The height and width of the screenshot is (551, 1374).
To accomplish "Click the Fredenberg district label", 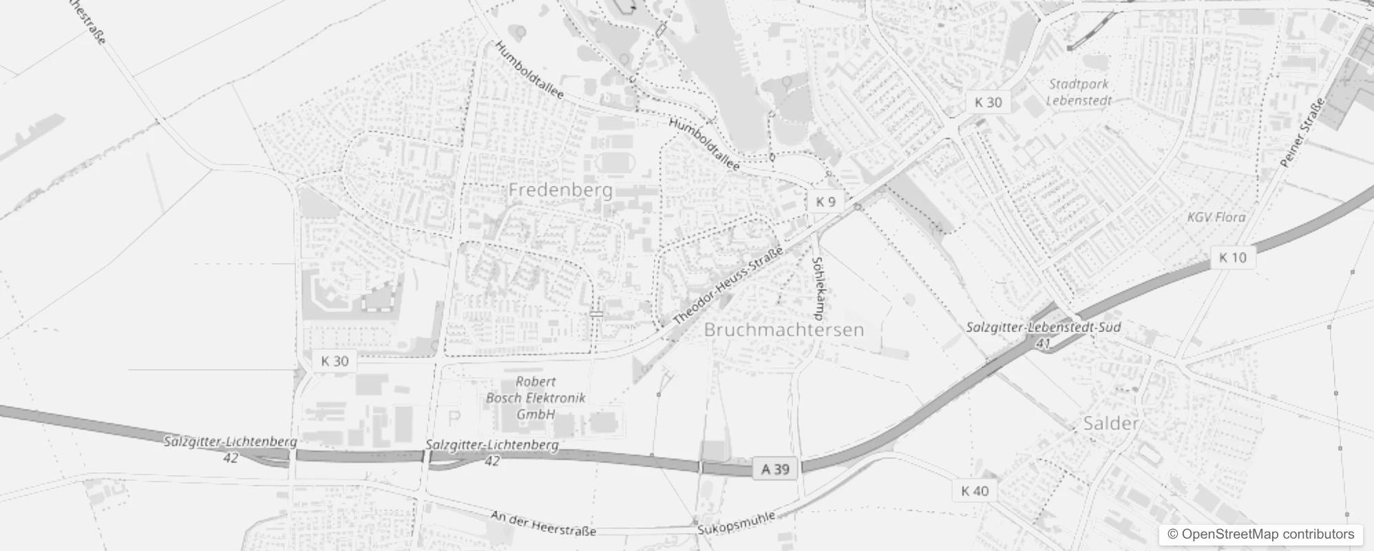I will pos(560,190).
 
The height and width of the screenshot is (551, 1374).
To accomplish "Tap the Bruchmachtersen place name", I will pos(783,330).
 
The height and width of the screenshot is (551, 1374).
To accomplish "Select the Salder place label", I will pos(1110,423).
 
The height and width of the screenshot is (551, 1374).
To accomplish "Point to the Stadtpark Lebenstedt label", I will pos(1079,92).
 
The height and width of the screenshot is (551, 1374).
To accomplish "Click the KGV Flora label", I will pos(1216,217).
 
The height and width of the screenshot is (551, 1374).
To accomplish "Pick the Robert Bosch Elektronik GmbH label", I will pos(536,398).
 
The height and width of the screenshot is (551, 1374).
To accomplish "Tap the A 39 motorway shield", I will pos(775,469).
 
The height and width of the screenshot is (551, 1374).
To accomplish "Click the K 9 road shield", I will pos(825,201).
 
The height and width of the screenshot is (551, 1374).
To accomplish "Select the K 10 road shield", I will pos(1232,258).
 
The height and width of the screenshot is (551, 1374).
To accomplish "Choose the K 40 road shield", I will pos(974,490).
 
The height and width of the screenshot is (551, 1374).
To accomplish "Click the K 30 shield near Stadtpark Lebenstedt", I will pos(988,103).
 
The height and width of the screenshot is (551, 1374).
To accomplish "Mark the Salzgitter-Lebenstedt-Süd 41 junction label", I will pos(1043,334).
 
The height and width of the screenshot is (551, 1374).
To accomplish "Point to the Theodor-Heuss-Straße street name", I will pos(728,287).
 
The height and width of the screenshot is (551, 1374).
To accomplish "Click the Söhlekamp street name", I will pos(818,289).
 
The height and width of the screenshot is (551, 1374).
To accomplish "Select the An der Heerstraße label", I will pos(543,523).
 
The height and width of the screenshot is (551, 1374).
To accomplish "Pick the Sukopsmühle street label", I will pos(736,523).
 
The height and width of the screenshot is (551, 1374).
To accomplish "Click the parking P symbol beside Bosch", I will pos(454,417).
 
